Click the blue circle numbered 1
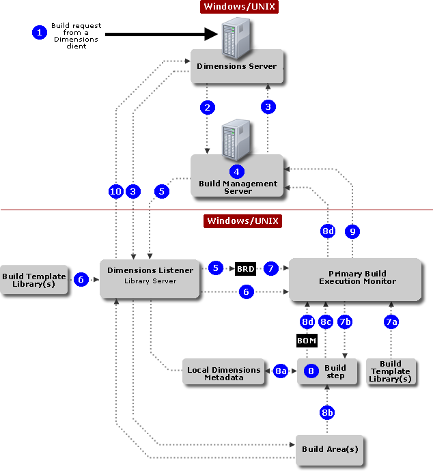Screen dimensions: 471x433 tap(39, 31)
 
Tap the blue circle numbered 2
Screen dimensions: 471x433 tap(208, 107)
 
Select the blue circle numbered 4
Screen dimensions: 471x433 tap(237, 171)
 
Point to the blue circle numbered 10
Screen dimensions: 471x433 tap(116, 192)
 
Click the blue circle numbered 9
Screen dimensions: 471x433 tap(352, 232)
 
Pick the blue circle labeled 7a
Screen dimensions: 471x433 tap(391, 322)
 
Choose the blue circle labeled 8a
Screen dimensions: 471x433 tap(281, 371)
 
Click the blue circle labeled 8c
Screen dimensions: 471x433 tap(326, 322)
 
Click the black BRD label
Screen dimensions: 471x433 tap(245, 269)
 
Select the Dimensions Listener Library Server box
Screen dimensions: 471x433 tap(150, 277)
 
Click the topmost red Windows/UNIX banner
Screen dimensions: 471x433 tap(240, 8)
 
